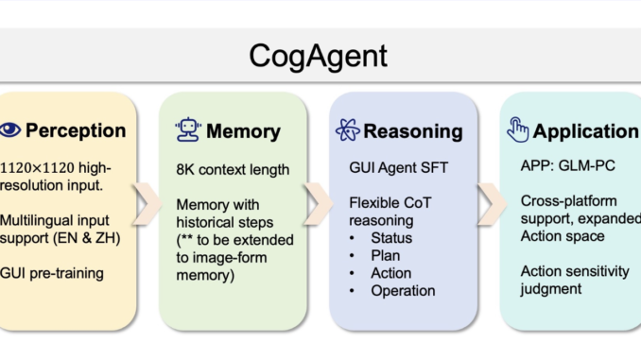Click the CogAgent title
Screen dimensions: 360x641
(x=320, y=56)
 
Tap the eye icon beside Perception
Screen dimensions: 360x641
(x=11, y=130)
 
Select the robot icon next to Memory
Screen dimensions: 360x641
(x=186, y=130)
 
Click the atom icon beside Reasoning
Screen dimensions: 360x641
(x=347, y=130)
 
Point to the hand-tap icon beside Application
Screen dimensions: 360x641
(x=517, y=130)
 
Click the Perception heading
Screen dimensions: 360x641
(x=76, y=130)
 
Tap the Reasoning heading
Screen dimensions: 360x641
(x=412, y=130)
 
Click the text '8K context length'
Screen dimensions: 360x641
(x=233, y=171)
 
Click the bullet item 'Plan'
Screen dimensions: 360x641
(x=386, y=255)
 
